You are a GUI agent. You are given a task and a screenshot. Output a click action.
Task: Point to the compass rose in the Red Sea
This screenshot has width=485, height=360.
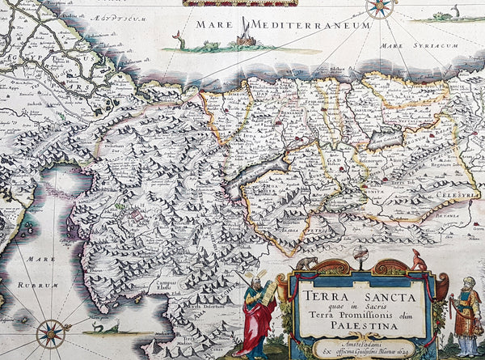point(51,332)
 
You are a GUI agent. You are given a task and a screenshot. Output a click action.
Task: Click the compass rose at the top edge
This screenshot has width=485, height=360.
point(379,7)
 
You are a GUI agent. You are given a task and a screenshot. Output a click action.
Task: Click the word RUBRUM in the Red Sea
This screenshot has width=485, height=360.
point(40,286)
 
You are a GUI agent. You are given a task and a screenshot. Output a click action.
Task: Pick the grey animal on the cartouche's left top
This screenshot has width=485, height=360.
point(305,263)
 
